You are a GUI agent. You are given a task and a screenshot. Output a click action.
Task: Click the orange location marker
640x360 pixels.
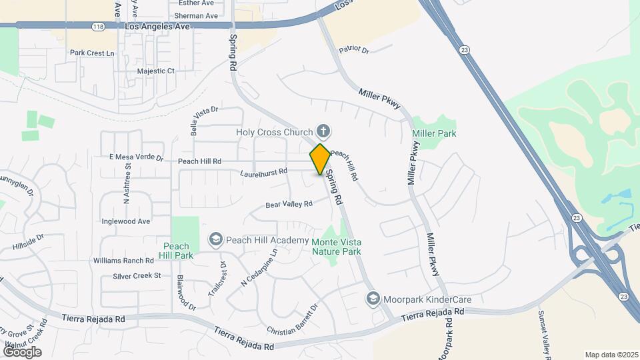coord(320,159)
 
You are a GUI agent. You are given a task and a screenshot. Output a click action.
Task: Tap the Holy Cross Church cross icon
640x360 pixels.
coord(323,131)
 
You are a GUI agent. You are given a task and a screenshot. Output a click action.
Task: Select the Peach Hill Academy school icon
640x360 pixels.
coord(215,239)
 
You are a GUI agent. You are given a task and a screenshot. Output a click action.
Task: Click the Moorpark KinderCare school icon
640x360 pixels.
coord(373,299)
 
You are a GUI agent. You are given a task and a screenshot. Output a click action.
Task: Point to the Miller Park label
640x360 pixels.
coord(434,133)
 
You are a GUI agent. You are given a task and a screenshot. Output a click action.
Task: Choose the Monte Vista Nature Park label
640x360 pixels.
coord(337,246)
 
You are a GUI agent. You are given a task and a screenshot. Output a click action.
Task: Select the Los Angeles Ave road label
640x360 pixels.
coord(157,26)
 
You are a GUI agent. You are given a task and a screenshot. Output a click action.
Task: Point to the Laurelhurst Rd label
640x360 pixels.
coord(264,172)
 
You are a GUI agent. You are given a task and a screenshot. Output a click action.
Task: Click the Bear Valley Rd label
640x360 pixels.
coord(289,205)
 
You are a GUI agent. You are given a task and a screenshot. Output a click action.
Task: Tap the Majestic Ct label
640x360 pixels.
coord(155,71)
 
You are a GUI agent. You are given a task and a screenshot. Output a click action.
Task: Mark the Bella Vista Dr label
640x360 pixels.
coord(205,120)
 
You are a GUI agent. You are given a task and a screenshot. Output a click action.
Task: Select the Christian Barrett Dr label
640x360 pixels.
coord(293,321)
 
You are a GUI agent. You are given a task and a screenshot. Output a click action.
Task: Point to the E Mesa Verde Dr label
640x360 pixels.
coord(136,157)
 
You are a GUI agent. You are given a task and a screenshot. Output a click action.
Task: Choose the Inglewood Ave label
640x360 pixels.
coord(126,221)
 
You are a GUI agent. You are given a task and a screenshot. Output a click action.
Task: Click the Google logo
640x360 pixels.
coord(22,351)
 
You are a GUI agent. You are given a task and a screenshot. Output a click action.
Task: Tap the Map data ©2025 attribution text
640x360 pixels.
coord(611,355)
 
